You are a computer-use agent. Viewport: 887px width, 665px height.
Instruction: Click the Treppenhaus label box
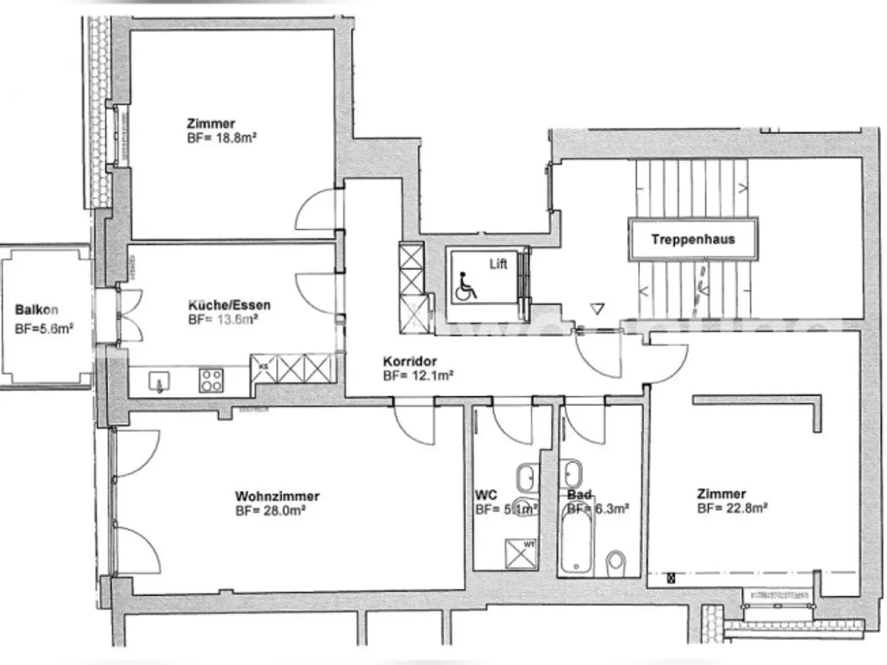point(693,239)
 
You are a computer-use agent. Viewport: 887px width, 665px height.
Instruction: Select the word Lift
point(498,264)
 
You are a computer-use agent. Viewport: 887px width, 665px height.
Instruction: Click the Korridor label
point(410,361)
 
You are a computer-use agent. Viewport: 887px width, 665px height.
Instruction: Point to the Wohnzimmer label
point(277,496)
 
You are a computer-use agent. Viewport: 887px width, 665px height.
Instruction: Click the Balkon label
point(37,309)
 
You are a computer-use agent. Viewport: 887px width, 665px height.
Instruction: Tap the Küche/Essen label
point(229,305)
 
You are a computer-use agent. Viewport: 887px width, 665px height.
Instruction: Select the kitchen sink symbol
point(160,382)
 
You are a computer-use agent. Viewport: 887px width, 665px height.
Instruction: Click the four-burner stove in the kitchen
point(211,380)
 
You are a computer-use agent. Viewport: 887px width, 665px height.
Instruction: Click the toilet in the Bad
point(615,563)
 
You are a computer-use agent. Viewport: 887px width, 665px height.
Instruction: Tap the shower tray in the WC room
point(520,554)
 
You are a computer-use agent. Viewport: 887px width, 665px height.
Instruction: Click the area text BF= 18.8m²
point(222,138)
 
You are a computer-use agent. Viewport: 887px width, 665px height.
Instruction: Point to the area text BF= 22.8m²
point(732,508)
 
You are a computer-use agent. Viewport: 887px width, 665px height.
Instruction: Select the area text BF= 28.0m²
point(270,510)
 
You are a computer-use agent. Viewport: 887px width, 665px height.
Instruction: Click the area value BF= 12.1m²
point(418,376)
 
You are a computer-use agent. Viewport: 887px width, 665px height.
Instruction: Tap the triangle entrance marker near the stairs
point(597,308)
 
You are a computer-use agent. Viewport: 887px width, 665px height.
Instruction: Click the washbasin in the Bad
point(572,473)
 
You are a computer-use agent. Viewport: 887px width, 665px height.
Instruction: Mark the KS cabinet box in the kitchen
point(264,368)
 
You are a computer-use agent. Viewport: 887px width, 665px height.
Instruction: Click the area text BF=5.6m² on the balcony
point(44,328)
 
